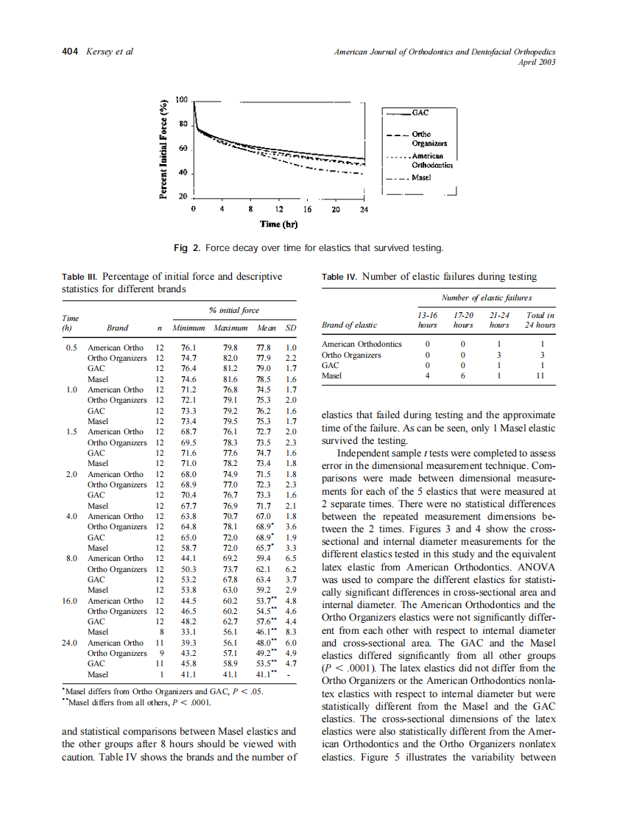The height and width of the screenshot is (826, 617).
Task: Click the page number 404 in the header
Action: (x=70, y=52)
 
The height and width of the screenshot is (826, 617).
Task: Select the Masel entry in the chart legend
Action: (x=421, y=178)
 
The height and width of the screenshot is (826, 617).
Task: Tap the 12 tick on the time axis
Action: (x=279, y=210)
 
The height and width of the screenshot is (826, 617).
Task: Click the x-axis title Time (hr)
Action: (x=278, y=224)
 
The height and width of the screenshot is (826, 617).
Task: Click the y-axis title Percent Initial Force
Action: (x=165, y=149)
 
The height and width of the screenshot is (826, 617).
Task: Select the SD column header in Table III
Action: (x=290, y=328)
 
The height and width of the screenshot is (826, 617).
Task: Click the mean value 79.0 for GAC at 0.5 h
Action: (x=263, y=368)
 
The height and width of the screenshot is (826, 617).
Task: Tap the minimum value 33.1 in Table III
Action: (x=188, y=632)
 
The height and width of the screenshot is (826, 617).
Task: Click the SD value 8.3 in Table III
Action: (x=290, y=632)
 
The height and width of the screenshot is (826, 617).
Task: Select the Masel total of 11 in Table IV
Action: (x=541, y=376)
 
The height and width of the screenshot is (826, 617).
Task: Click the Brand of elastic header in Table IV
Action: (x=350, y=325)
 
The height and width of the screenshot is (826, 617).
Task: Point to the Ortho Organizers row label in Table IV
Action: (x=351, y=355)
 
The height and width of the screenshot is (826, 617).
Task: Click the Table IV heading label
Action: (x=339, y=277)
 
